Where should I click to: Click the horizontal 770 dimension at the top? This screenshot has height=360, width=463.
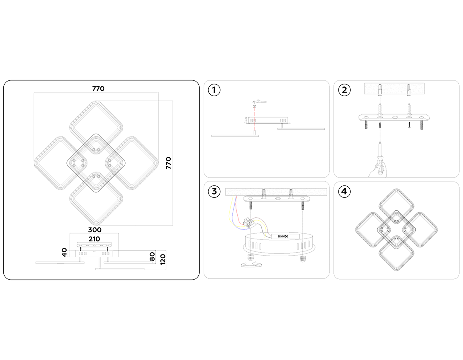coord(98,89)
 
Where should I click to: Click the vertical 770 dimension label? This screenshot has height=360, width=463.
coord(168,163)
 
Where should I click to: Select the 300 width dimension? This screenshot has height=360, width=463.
coord(95,230)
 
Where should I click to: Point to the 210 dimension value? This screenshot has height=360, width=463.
coord(94,239)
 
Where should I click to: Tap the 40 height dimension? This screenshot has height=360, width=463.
coord(64,252)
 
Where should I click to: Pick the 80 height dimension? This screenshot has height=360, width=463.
coord(152,257)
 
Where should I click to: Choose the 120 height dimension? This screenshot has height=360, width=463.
coord(163,259)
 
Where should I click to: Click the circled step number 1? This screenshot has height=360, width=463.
coord(214,90)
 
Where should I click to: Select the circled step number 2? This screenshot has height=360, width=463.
coord(344,90)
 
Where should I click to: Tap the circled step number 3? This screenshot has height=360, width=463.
coord(214,191)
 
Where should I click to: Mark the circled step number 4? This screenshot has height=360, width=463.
coord(344,191)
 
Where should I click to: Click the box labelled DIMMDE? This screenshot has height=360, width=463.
coord(286,236)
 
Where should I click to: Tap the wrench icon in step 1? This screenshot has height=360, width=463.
coord(261,101)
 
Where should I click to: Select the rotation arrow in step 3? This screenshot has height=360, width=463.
coord(251,265)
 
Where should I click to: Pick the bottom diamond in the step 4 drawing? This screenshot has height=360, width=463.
coord(397,253)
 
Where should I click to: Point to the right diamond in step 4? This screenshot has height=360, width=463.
coord(420,230)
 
